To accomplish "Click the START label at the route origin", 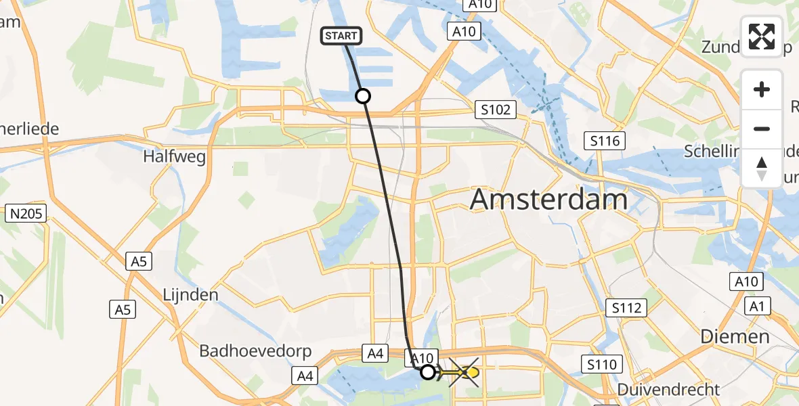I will pyautogui.click(x=341, y=36).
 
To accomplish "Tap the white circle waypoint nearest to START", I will pyautogui.click(x=363, y=96).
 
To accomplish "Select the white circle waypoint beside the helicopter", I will pyautogui.click(x=427, y=371).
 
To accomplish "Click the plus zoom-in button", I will pyautogui.click(x=762, y=90).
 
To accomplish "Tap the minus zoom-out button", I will pyautogui.click(x=762, y=129).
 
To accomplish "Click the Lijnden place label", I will pyautogui.click(x=190, y=295).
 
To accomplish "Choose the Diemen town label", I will pyautogui.click(x=735, y=336).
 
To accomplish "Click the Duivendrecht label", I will pyautogui.click(x=668, y=390).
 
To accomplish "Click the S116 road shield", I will pyautogui.click(x=604, y=141).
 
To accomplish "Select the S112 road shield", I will pyautogui.click(x=626, y=309).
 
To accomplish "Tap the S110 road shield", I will pyautogui.click(x=602, y=365).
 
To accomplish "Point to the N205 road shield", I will pyautogui.click(x=26, y=215).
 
